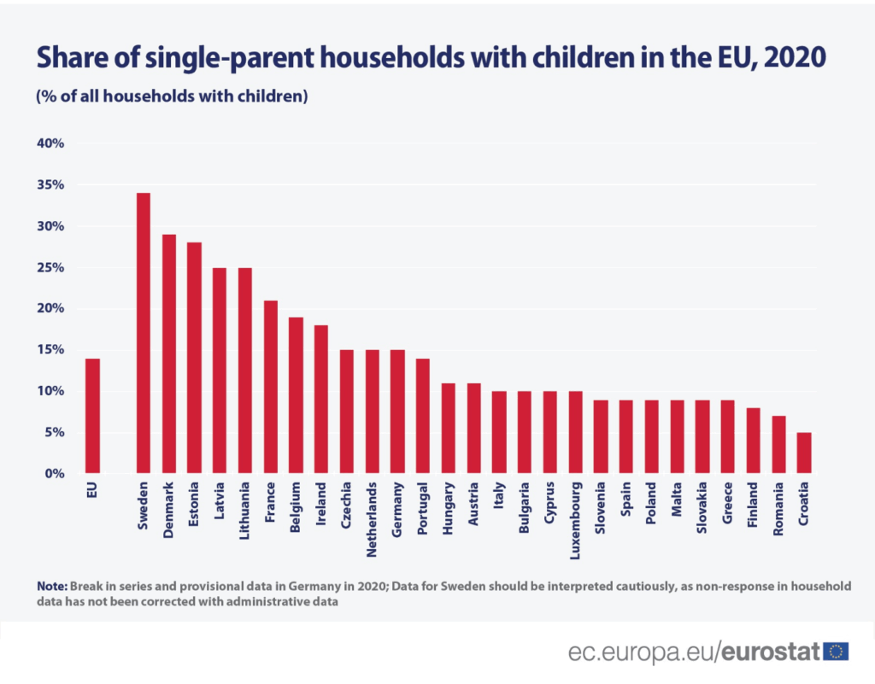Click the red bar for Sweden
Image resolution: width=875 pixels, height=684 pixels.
[x=144, y=333]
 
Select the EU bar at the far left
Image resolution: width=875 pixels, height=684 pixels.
[x=92, y=416]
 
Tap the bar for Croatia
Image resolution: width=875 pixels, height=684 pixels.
[x=804, y=453]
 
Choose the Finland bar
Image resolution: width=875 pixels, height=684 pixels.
[x=753, y=441]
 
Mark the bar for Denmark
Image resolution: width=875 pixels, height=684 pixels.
[x=168, y=354]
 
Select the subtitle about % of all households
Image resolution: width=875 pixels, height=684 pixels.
[x=171, y=96]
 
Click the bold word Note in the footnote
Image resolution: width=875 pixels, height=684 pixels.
[x=51, y=587]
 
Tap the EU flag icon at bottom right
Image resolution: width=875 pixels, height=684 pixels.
[x=836, y=652]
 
